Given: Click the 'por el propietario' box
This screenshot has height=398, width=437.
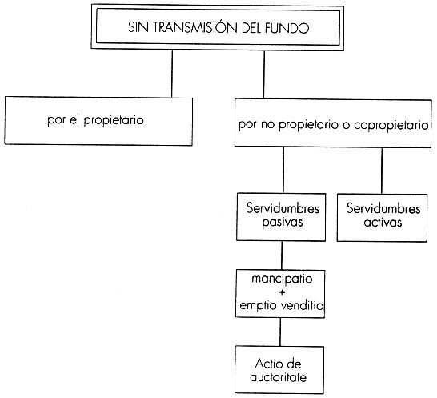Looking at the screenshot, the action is [98, 121].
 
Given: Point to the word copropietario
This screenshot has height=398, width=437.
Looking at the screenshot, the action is [391, 125].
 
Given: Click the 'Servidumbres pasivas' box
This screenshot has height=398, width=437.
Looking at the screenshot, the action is [281, 217].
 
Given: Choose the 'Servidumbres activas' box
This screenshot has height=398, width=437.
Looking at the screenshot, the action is [382, 218].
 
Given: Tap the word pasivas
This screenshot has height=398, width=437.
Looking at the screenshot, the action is [283, 223].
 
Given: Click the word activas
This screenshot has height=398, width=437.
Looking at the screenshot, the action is [383, 223].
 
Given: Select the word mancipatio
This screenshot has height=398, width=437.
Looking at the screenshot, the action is [282, 279].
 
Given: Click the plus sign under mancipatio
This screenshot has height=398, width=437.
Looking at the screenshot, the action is [282, 292].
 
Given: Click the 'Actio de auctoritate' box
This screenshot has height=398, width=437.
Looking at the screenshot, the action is [279, 370].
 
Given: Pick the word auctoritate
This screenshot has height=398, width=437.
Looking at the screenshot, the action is [279, 377].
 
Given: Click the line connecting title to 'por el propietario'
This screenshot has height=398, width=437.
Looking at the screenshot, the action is [172, 74].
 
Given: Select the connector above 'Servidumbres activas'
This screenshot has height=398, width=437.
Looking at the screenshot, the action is [382, 171].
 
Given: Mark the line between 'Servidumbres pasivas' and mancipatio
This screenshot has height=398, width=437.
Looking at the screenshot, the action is [282, 255].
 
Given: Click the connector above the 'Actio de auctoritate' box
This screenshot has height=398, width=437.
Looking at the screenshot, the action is [280, 332].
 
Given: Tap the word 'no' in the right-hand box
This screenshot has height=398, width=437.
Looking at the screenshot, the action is [267, 125].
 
